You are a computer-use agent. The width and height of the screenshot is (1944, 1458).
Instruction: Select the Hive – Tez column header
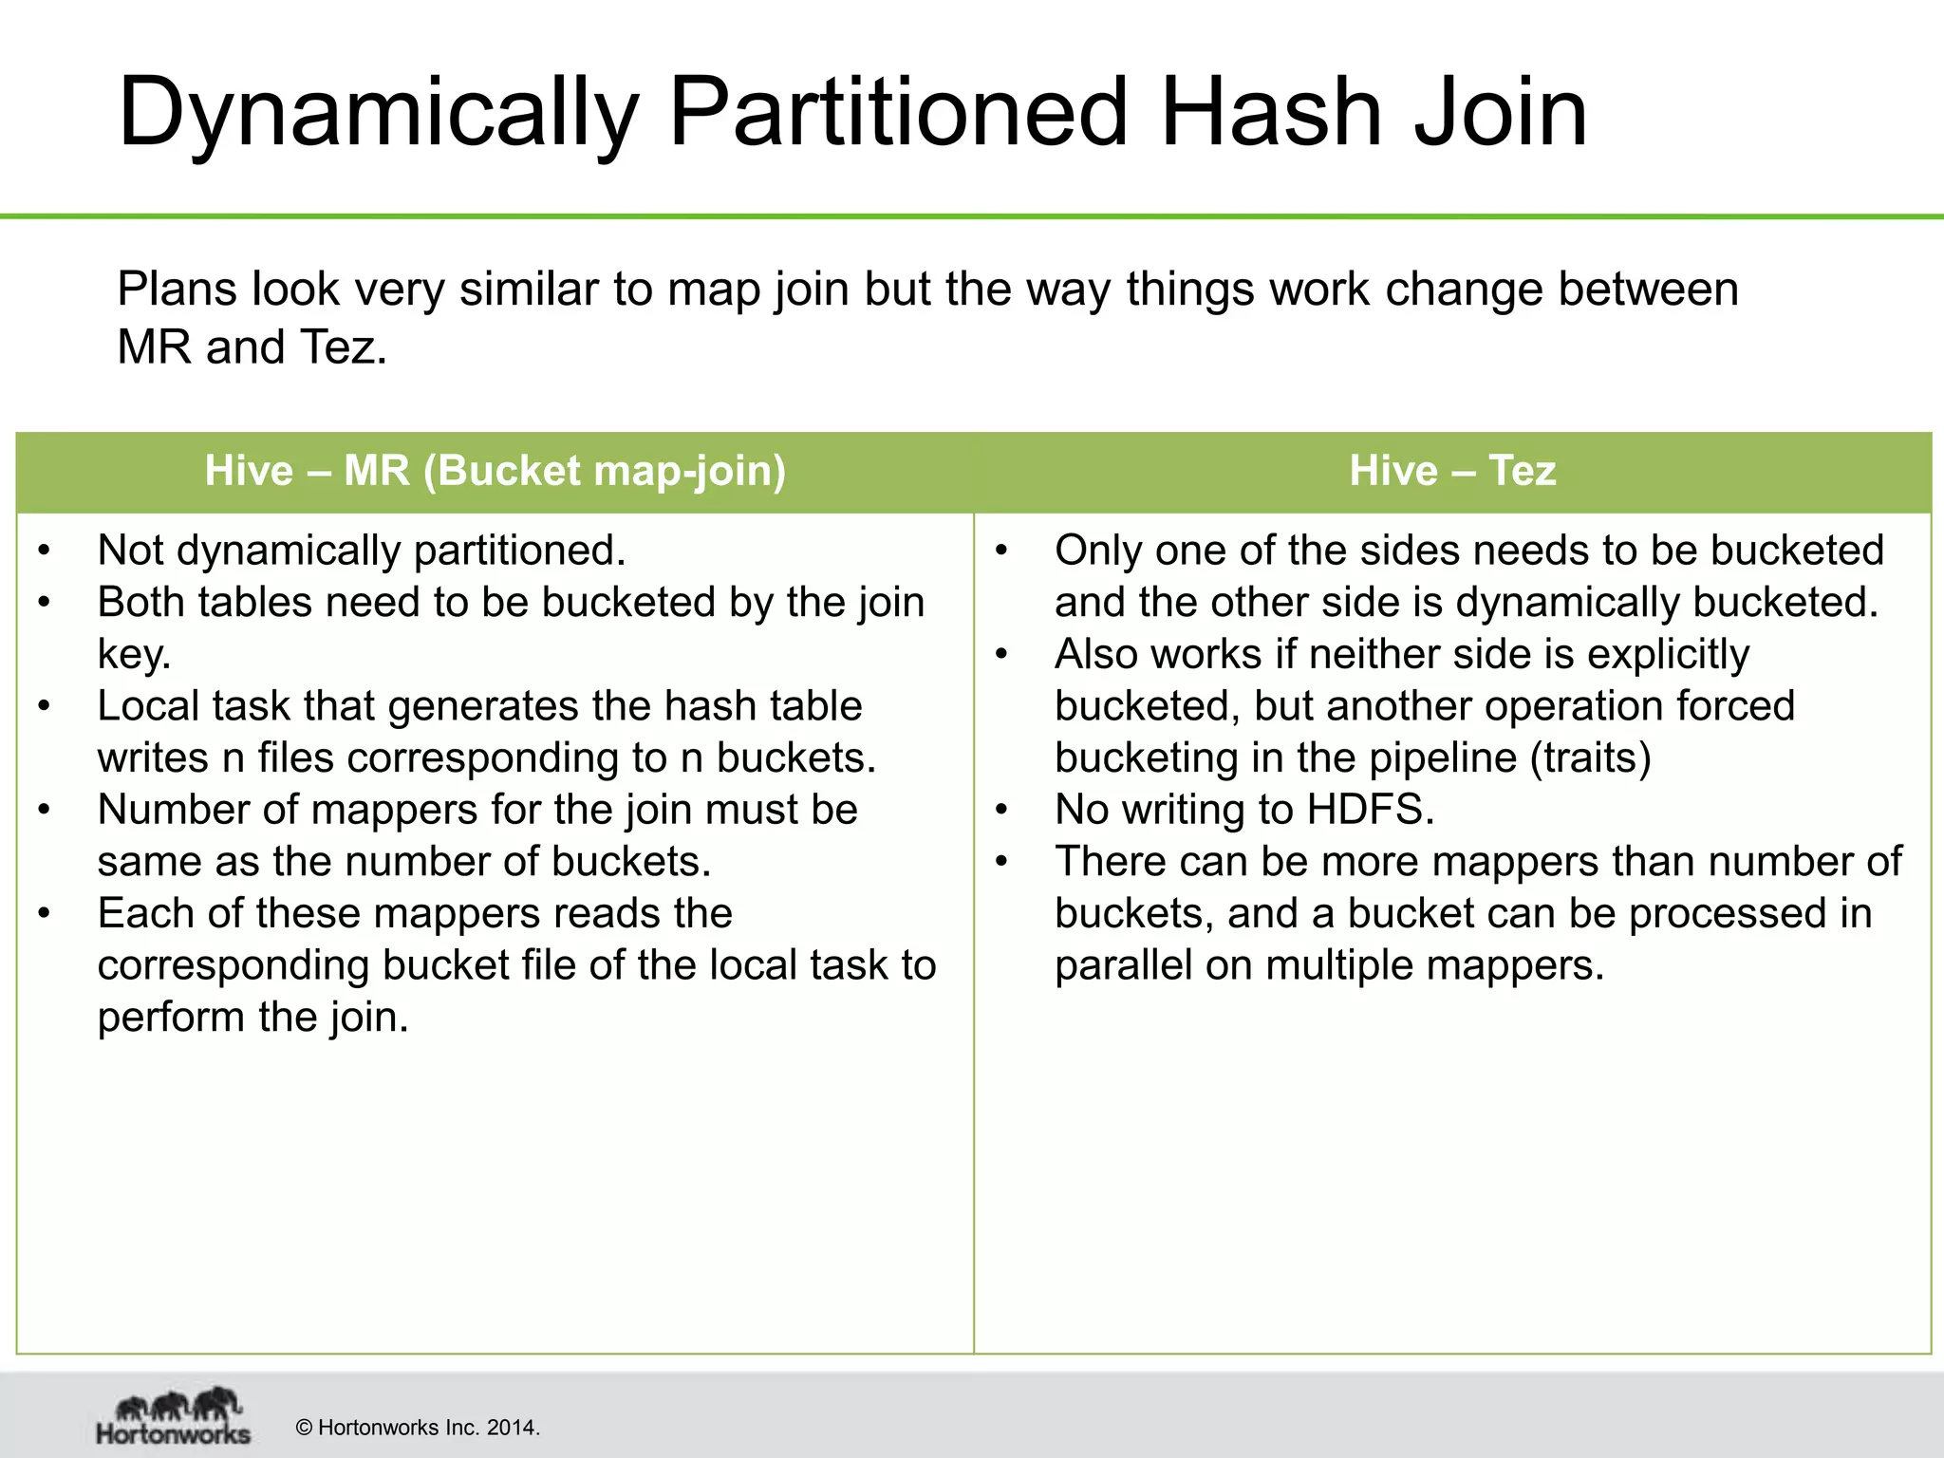tap(1452, 471)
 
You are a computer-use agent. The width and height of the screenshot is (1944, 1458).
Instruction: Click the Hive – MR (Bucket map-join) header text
tap(495, 471)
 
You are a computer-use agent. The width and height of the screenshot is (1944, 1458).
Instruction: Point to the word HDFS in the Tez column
tap(1370, 810)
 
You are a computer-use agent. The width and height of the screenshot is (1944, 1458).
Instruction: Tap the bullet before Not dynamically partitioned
tap(44, 551)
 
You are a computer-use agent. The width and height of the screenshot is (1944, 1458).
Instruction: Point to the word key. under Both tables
tap(134, 655)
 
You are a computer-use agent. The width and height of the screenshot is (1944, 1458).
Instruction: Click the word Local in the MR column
tap(148, 706)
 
